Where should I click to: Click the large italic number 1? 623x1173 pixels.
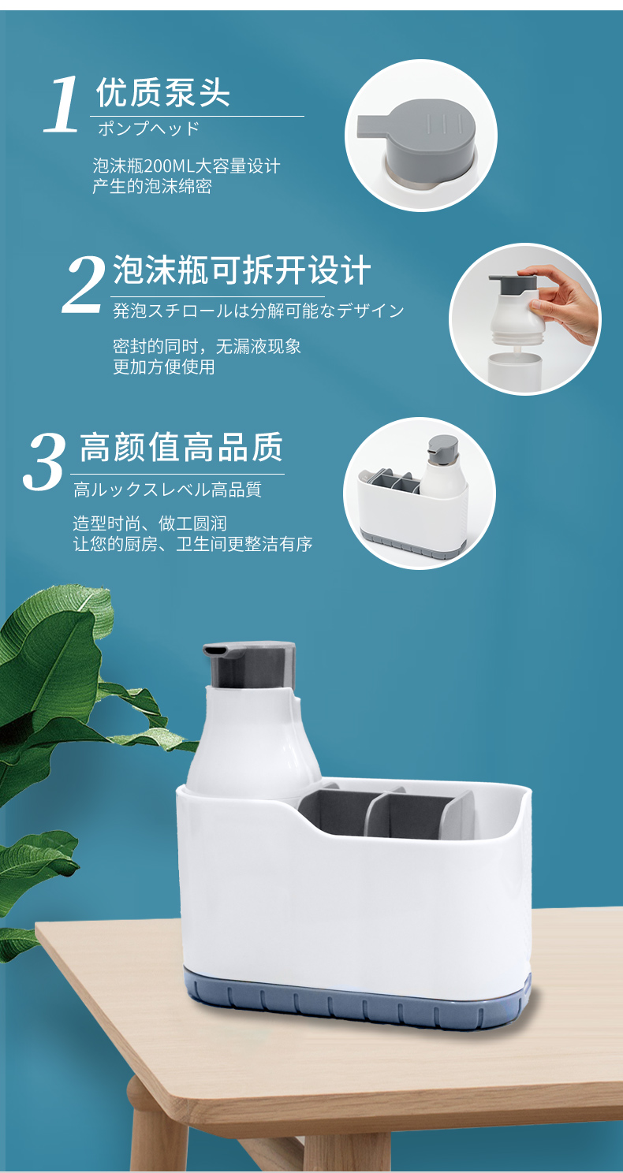62,103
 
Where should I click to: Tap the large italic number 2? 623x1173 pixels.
84,285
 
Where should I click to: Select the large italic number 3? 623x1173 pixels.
44,461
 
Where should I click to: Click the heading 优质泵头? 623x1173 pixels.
163,93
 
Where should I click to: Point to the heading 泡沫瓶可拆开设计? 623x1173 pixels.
242,270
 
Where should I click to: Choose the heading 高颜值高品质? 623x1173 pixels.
181,447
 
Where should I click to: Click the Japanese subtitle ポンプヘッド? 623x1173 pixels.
149,128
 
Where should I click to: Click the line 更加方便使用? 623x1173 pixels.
164,367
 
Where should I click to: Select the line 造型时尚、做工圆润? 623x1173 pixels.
150,523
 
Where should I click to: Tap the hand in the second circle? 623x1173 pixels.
562,302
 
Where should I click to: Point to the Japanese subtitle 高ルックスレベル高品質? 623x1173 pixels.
168,490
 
